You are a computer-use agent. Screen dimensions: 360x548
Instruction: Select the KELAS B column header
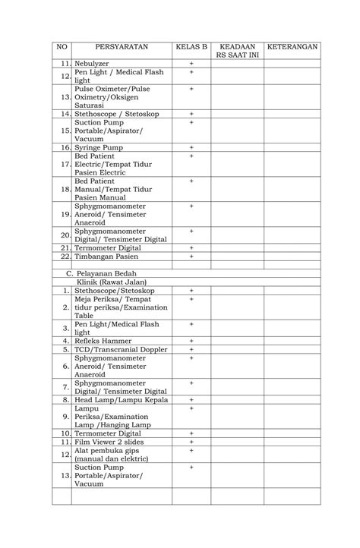tap(191, 47)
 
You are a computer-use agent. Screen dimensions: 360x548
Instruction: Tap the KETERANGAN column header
tap(292, 47)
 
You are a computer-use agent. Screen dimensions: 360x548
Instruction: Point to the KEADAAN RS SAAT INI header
tap(237, 51)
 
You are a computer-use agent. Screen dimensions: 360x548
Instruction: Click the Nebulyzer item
tap(92, 63)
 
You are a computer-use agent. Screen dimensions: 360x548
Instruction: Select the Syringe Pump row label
tap(99, 147)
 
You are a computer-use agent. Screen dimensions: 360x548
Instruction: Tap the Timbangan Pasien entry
tap(106, 257)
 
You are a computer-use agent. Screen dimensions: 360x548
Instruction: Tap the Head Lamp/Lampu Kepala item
tap(121, 399)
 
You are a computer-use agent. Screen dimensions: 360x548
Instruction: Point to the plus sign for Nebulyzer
tap(191, 63)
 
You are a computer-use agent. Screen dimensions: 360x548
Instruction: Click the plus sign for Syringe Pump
tap(191, 147)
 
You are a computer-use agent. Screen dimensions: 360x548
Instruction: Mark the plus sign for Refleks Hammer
tap(191, 341)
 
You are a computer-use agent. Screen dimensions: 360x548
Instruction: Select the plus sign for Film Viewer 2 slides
tap(191, 441)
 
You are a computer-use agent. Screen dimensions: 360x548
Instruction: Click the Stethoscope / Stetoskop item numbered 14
tap(112, 113)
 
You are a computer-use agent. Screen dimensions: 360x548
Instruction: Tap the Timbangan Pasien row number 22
tap(65, 257)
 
